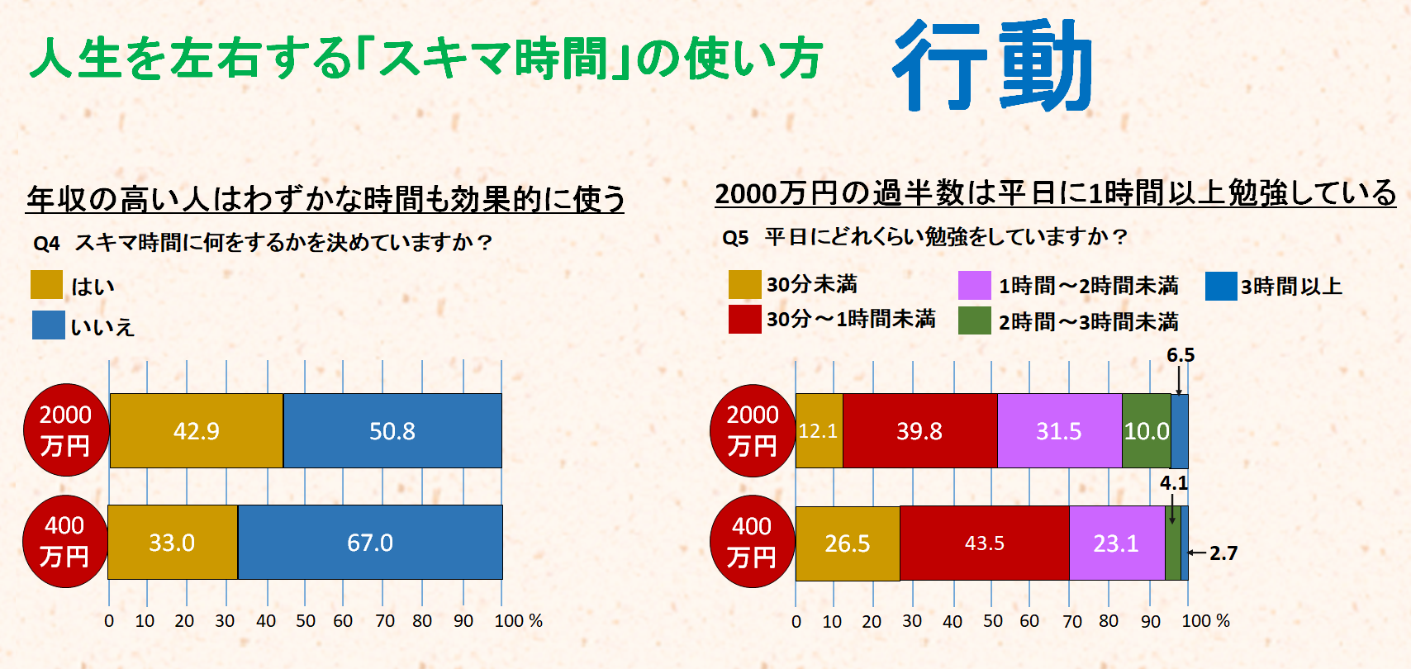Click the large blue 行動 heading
[x=993, y=66]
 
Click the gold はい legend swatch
[x=46, y=285]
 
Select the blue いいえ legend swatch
[x=48, y=325]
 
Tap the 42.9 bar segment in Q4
[x=197, y=430]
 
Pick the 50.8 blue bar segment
[x=392, y=430]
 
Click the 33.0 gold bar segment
[x=172, y=542]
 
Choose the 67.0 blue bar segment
[x=370, y=542]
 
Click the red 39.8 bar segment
[x=919, y=430]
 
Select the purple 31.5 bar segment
[x=1059, y=430]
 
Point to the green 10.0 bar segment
[x=1146, y=430]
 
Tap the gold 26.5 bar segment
[x=847, y=543]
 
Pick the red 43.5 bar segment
[x=984, y=543]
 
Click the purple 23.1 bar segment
[x=1116, y=543]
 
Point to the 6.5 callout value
[x=1181, y=355]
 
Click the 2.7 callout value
[x=1223, y=553]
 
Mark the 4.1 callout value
[x=1173, y=483]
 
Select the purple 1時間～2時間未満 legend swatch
[x=974, y=285]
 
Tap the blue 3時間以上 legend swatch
[x=1220, y=286]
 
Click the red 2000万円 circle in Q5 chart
[x=752, y=430]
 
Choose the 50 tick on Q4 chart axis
[x=306, y=620]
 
